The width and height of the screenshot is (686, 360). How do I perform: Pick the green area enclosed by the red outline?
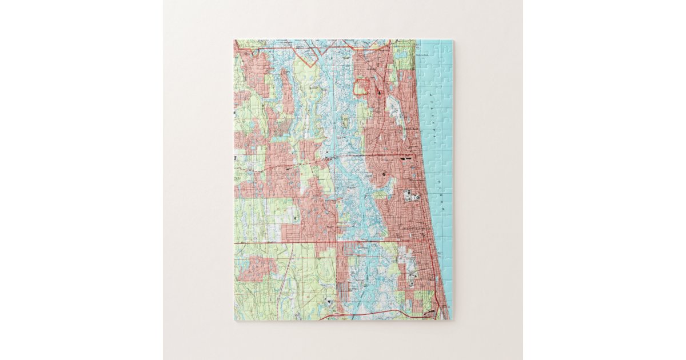[x=360, y=87]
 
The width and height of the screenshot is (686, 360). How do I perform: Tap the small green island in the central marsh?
[x=345, y=122]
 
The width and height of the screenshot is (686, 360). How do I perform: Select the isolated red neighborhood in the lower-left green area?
[x=256, y=269]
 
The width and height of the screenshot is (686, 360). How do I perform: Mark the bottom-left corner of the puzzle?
[x=235, y=319]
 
